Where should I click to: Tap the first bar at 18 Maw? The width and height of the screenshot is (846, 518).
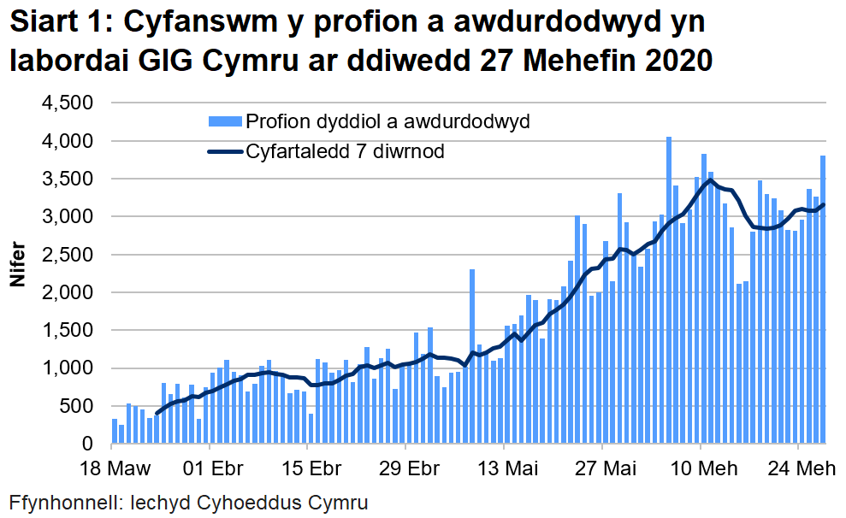pyautogui.click(x=115, y=432)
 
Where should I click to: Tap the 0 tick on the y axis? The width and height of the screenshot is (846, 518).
pyautogui.click(x=87, y=444)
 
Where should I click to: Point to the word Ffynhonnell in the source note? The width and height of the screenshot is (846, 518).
pyautogui.click(x=62, y=502)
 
